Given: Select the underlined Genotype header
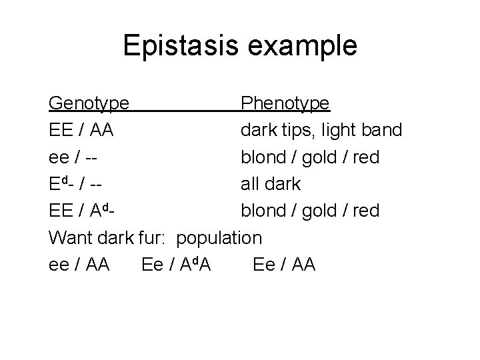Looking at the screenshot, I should (89, 103).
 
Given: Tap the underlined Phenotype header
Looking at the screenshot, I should (285, 103).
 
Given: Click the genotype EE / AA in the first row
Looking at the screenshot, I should (81, 130).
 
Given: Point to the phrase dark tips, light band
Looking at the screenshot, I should (321, 130).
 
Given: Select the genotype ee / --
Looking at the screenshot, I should (75, 157).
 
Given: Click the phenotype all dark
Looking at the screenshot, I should (271, 184).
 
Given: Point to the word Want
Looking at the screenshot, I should (71, 237).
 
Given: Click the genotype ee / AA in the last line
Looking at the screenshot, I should (79, 265).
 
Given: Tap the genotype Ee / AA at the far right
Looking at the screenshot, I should (284, 265).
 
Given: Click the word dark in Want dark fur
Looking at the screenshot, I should (117, 237).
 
